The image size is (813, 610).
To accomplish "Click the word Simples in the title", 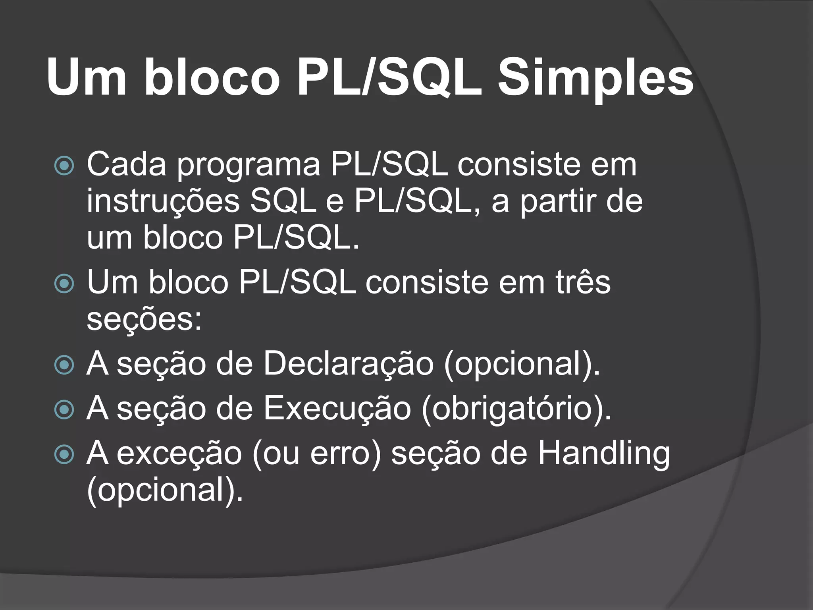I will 595,77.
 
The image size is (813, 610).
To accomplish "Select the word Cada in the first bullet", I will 126,164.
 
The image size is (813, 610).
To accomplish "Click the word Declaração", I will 349,364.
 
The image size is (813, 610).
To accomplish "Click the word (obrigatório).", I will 516,410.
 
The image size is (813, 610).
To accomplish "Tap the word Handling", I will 604,454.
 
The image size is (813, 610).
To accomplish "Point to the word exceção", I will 179,454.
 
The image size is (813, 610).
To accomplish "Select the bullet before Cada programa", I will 64,166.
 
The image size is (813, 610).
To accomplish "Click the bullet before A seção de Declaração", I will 64,365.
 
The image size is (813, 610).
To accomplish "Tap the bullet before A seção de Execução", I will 64,410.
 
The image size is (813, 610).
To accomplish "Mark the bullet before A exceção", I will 64,455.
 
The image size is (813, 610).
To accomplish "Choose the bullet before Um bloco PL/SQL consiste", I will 64,284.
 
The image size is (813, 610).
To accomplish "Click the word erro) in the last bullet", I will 345,454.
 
